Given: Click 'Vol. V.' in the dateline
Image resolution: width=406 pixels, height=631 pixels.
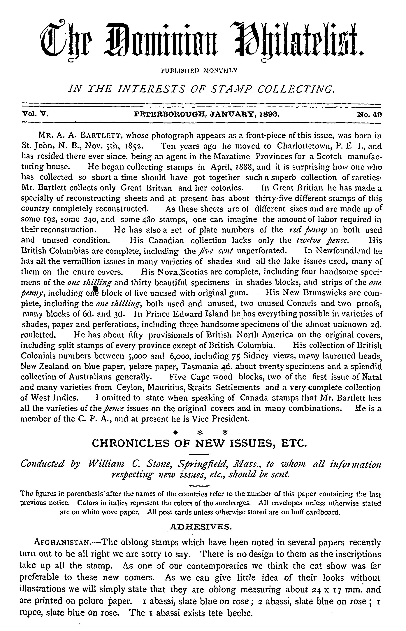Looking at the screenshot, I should click(x=34, y=115).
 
